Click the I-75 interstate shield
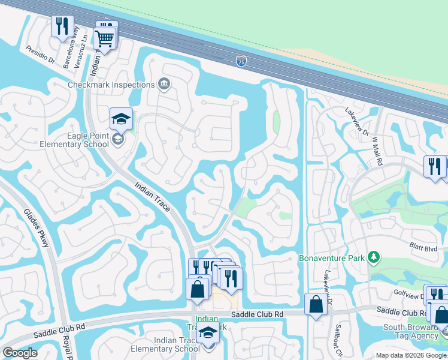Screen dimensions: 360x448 (x=241, y=61)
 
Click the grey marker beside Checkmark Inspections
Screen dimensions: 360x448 (x=164, y=84)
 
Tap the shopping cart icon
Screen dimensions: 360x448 (x=104, y=39)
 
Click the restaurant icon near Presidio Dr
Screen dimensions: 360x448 (x=62, y=27)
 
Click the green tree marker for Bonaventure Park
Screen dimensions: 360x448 (x=374, y=257)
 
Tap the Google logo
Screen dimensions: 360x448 (x=20, y=353)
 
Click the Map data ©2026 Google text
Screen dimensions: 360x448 (x=410, y=355)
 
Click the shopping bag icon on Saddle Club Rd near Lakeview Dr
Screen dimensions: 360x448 (x=316, y=304)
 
